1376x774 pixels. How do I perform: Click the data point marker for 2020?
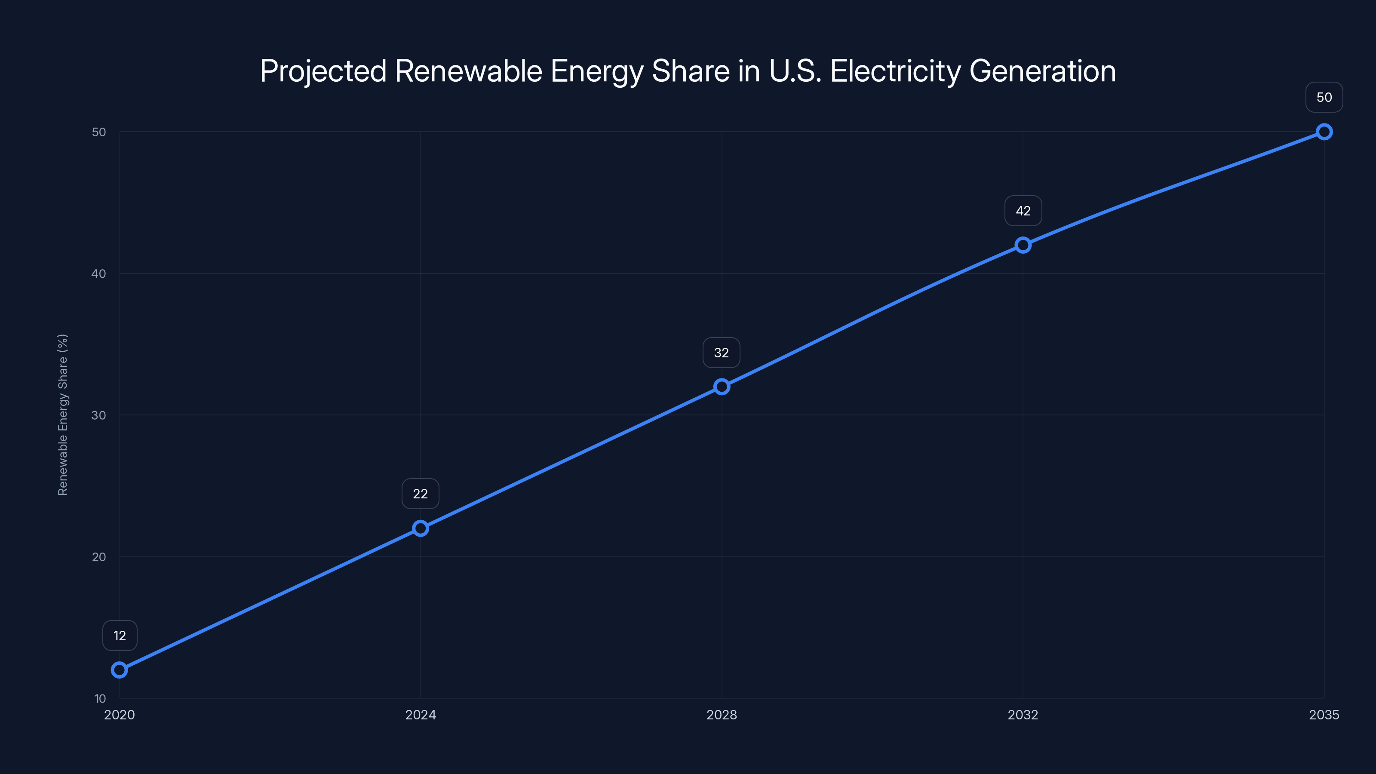click(119, 670)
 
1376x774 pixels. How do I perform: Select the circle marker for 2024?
click(421, 528)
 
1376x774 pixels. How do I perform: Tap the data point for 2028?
click(722, 387)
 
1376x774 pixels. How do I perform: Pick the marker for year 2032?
click(1023, 245)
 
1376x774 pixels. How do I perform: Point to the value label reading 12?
click(120, 636)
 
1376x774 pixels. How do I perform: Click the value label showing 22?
click(421, 494)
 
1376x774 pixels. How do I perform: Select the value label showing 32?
click(721, 353)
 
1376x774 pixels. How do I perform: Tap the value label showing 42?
click(1023, 211)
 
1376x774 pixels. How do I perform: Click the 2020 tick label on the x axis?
click(119, 715)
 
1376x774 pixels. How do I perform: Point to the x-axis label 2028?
click(722, 715)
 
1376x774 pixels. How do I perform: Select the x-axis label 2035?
click(1324, 715)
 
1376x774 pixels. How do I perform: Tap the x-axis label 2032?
click(1023, 715)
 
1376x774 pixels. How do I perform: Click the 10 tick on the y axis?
click(100, 698)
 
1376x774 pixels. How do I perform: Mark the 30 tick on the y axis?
click(99, 415)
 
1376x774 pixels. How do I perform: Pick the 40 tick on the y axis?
click(99, 273)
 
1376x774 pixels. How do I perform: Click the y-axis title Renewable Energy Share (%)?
click(62, 415)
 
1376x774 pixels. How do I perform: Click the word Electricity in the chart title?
click(895, 71)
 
